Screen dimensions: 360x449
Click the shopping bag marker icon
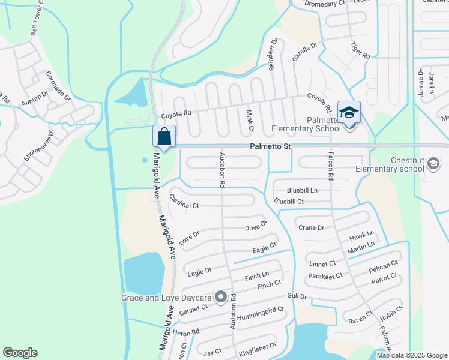click(x=164, y=136)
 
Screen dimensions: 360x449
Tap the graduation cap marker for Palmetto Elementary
click(x=349, y=112)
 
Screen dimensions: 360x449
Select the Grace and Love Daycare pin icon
click(x=221, y=297)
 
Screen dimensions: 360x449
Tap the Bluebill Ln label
click(x=301, y=190)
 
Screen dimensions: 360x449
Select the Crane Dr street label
click(x=311, y=227)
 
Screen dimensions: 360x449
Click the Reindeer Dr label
click(x=273, y=55)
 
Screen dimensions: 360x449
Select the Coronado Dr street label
click(x=58, y=86)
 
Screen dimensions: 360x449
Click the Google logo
click(x=20, y=353)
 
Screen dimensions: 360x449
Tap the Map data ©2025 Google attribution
click(x=411, y=355)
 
